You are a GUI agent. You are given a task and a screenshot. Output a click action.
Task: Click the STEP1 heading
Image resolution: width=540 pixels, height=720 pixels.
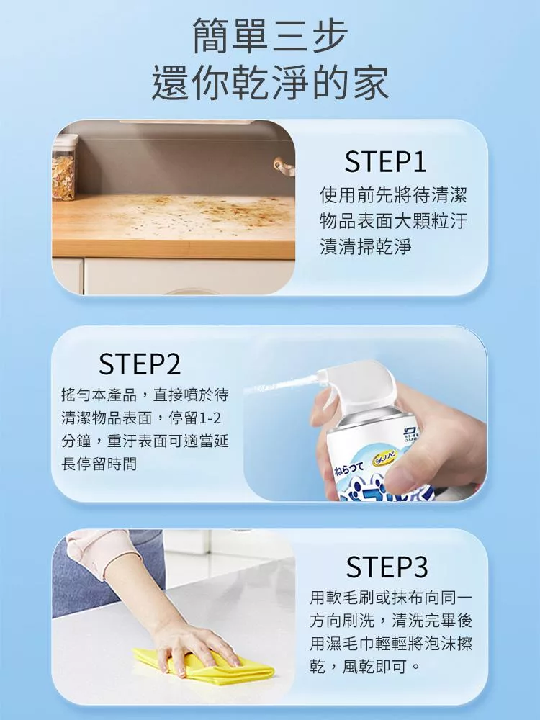[385, 161]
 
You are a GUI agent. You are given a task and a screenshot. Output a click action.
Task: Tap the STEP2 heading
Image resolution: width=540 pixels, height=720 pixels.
[140, 364]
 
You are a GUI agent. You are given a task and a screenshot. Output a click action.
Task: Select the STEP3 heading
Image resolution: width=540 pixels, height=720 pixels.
[387, 567]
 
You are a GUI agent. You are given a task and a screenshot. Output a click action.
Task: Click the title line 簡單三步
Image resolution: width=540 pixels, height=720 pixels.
[270, 35]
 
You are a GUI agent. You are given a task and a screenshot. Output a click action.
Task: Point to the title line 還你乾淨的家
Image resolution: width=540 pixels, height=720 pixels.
[271, 83]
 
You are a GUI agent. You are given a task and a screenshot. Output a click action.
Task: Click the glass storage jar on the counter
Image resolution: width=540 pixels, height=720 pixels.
[63, 168]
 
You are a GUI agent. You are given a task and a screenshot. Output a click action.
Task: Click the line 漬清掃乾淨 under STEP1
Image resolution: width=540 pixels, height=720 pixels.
[365, 246]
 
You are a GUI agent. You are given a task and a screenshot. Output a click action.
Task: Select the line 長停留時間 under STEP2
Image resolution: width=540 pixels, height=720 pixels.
[99, 464]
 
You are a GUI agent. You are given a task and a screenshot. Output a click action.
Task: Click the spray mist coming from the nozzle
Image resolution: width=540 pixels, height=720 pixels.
[280, 385]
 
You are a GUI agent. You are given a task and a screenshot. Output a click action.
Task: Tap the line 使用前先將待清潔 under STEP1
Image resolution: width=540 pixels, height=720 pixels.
[393, 195]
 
